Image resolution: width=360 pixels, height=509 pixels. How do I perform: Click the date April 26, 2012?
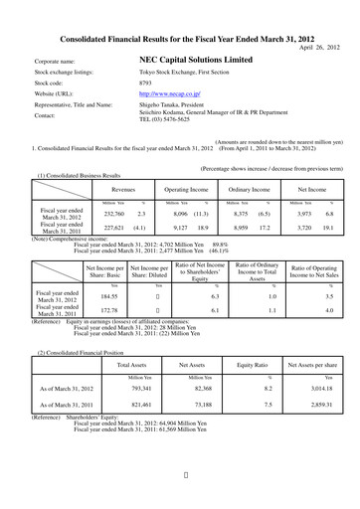click(320, 47)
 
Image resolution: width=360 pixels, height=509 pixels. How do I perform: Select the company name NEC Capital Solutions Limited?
click(196, 61)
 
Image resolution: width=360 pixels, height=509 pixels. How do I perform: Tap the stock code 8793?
click(146, 83)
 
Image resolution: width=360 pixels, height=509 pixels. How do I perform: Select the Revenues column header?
click(123, 187)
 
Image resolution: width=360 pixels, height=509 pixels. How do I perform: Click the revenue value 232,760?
click(114, 214)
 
